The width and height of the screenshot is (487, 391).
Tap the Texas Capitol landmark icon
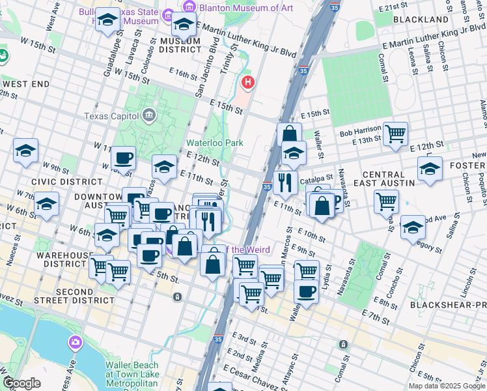(149, 116)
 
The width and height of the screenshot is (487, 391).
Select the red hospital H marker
(247, 83)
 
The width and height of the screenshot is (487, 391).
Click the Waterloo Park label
(209, 142)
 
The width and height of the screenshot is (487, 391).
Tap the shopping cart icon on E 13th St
(395, 134)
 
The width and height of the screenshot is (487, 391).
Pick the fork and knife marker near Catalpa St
(285, 182)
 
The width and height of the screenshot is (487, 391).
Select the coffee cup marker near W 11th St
(122, 157)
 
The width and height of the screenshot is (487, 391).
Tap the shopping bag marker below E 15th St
(289, 135)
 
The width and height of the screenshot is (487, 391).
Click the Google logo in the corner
(21, 383)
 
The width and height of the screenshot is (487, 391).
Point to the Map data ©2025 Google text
(446, 386)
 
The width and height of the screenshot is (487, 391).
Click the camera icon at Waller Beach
(76, 342)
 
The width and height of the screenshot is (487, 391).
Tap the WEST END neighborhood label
(26, 84)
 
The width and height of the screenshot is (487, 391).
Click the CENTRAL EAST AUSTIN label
(388, 179)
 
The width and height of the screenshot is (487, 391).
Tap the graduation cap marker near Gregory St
(412, 227)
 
